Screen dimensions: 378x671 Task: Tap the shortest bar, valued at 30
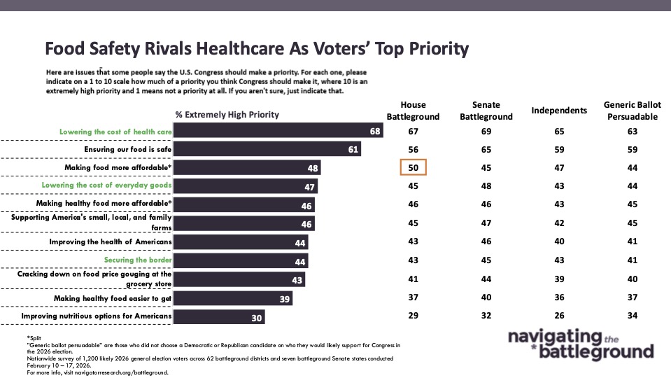[219, 317]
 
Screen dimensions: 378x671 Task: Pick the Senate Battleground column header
[486, 111]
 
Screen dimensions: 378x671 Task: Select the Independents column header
[558, 111]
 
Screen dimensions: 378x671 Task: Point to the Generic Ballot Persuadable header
[633, 111]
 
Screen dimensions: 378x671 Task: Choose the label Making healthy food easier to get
[113, 298]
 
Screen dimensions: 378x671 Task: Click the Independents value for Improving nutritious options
[558, 317]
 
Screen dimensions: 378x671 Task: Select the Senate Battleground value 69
[486, 130]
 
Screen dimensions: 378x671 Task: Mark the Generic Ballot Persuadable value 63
[633, 130]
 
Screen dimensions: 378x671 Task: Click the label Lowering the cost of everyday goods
[114, 185]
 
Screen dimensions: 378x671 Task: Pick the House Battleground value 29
[413, 317]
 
